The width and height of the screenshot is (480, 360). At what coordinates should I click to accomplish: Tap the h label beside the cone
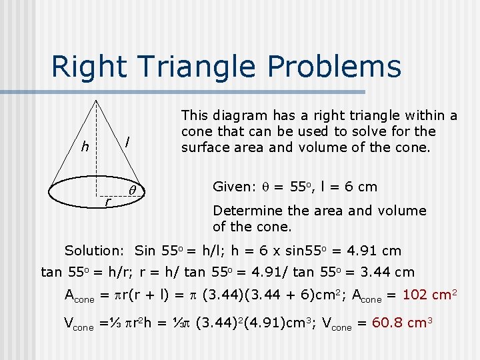(x=85, y=147)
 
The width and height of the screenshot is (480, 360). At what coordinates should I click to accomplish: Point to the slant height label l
(x=127, y=141)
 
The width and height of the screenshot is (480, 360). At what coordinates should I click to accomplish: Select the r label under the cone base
(x=106, y=201)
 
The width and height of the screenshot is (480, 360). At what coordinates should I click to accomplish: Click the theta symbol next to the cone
(x=132, y=189)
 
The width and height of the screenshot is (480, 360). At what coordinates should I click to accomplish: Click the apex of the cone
(x=97, y=100)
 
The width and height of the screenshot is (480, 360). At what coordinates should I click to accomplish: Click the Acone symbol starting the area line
(x=79, y=297)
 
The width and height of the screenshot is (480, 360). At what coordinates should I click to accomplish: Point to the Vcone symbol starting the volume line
(x=79, y=325)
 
